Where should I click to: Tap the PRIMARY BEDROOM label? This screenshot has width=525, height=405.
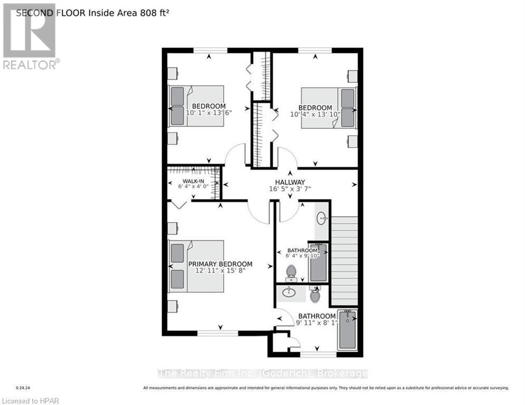tap(220, 264)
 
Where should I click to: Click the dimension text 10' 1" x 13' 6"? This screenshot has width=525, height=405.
tap(209, 113)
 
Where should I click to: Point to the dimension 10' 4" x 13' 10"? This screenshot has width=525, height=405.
tap(316, 114)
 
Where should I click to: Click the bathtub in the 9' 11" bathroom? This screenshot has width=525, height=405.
tap(347, 330)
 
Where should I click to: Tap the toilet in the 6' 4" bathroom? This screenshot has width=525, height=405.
tap(291, 273)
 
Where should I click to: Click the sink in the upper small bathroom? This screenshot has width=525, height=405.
tap(321, 217)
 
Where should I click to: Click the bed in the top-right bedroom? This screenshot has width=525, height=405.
tap(328, 108)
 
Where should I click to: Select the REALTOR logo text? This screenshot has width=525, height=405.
tap(31, 64)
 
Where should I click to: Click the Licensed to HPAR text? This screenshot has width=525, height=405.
tap(30, 401)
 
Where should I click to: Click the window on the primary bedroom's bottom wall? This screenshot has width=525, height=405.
tap(217, 333)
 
